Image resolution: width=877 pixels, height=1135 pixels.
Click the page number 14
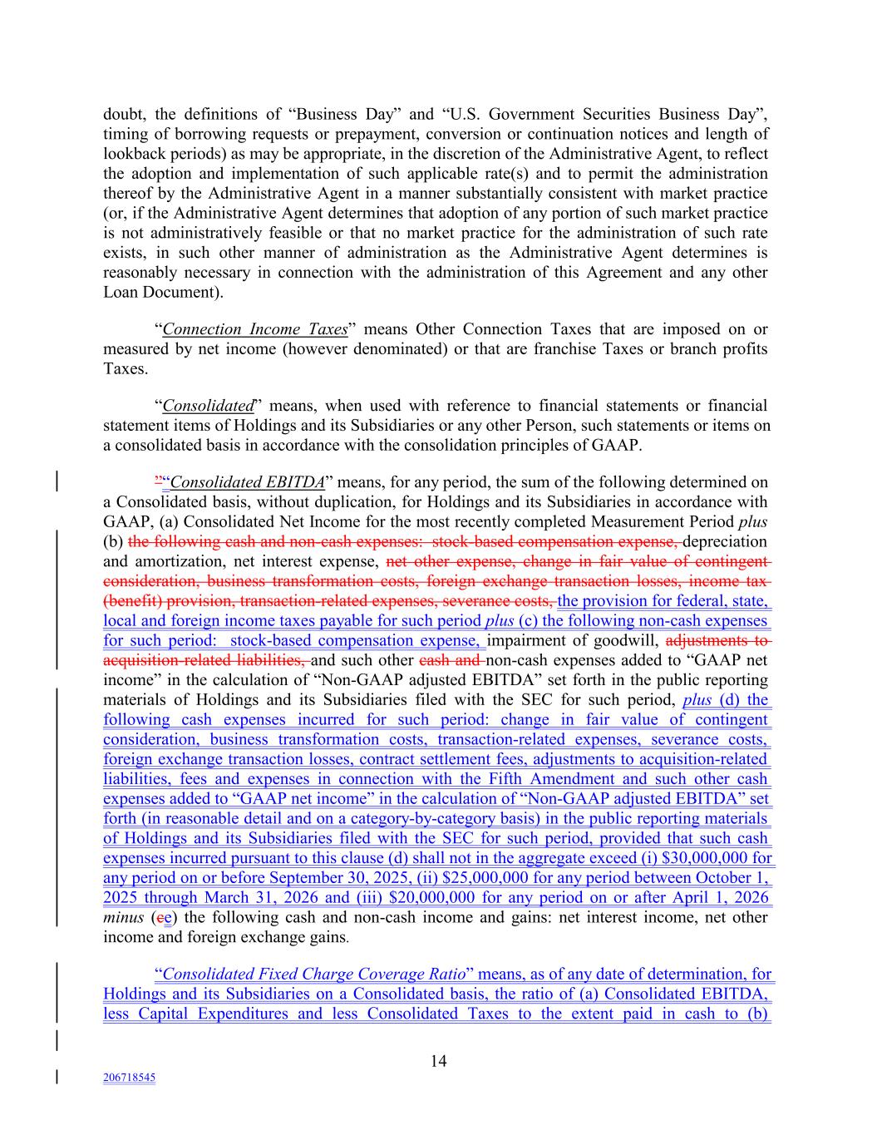tap(439, 1060)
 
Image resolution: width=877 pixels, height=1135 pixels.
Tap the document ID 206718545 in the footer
tap(129, 1078)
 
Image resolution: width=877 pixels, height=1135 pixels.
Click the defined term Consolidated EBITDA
tap(247, 482)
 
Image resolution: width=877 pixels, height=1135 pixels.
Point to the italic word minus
tap(123, 918)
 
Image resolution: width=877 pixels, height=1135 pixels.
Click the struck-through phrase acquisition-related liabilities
tap(204, 661)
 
